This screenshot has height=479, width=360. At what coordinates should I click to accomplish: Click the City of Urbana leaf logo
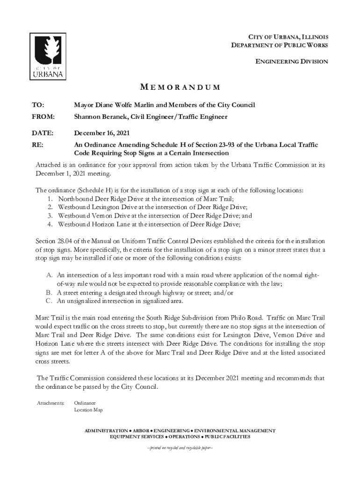[48, 56]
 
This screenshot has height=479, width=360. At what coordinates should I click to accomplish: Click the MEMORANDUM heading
[180, 88]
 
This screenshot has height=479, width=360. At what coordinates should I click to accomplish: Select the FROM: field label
[43, 116]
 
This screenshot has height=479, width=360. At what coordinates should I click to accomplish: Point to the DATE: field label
[43, 133]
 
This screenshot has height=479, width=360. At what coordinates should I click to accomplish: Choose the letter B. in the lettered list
[49, 292]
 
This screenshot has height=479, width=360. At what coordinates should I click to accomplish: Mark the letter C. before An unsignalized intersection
[49, 301]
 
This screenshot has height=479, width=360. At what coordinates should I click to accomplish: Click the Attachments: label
[50, 403]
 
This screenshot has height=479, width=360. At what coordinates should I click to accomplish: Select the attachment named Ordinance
[85, 403]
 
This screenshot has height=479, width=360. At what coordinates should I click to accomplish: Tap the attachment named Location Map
[88, 410]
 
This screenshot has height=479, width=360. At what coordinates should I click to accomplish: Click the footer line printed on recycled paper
[180, 447]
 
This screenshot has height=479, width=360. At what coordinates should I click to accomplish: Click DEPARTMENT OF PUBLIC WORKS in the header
[280, 45]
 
